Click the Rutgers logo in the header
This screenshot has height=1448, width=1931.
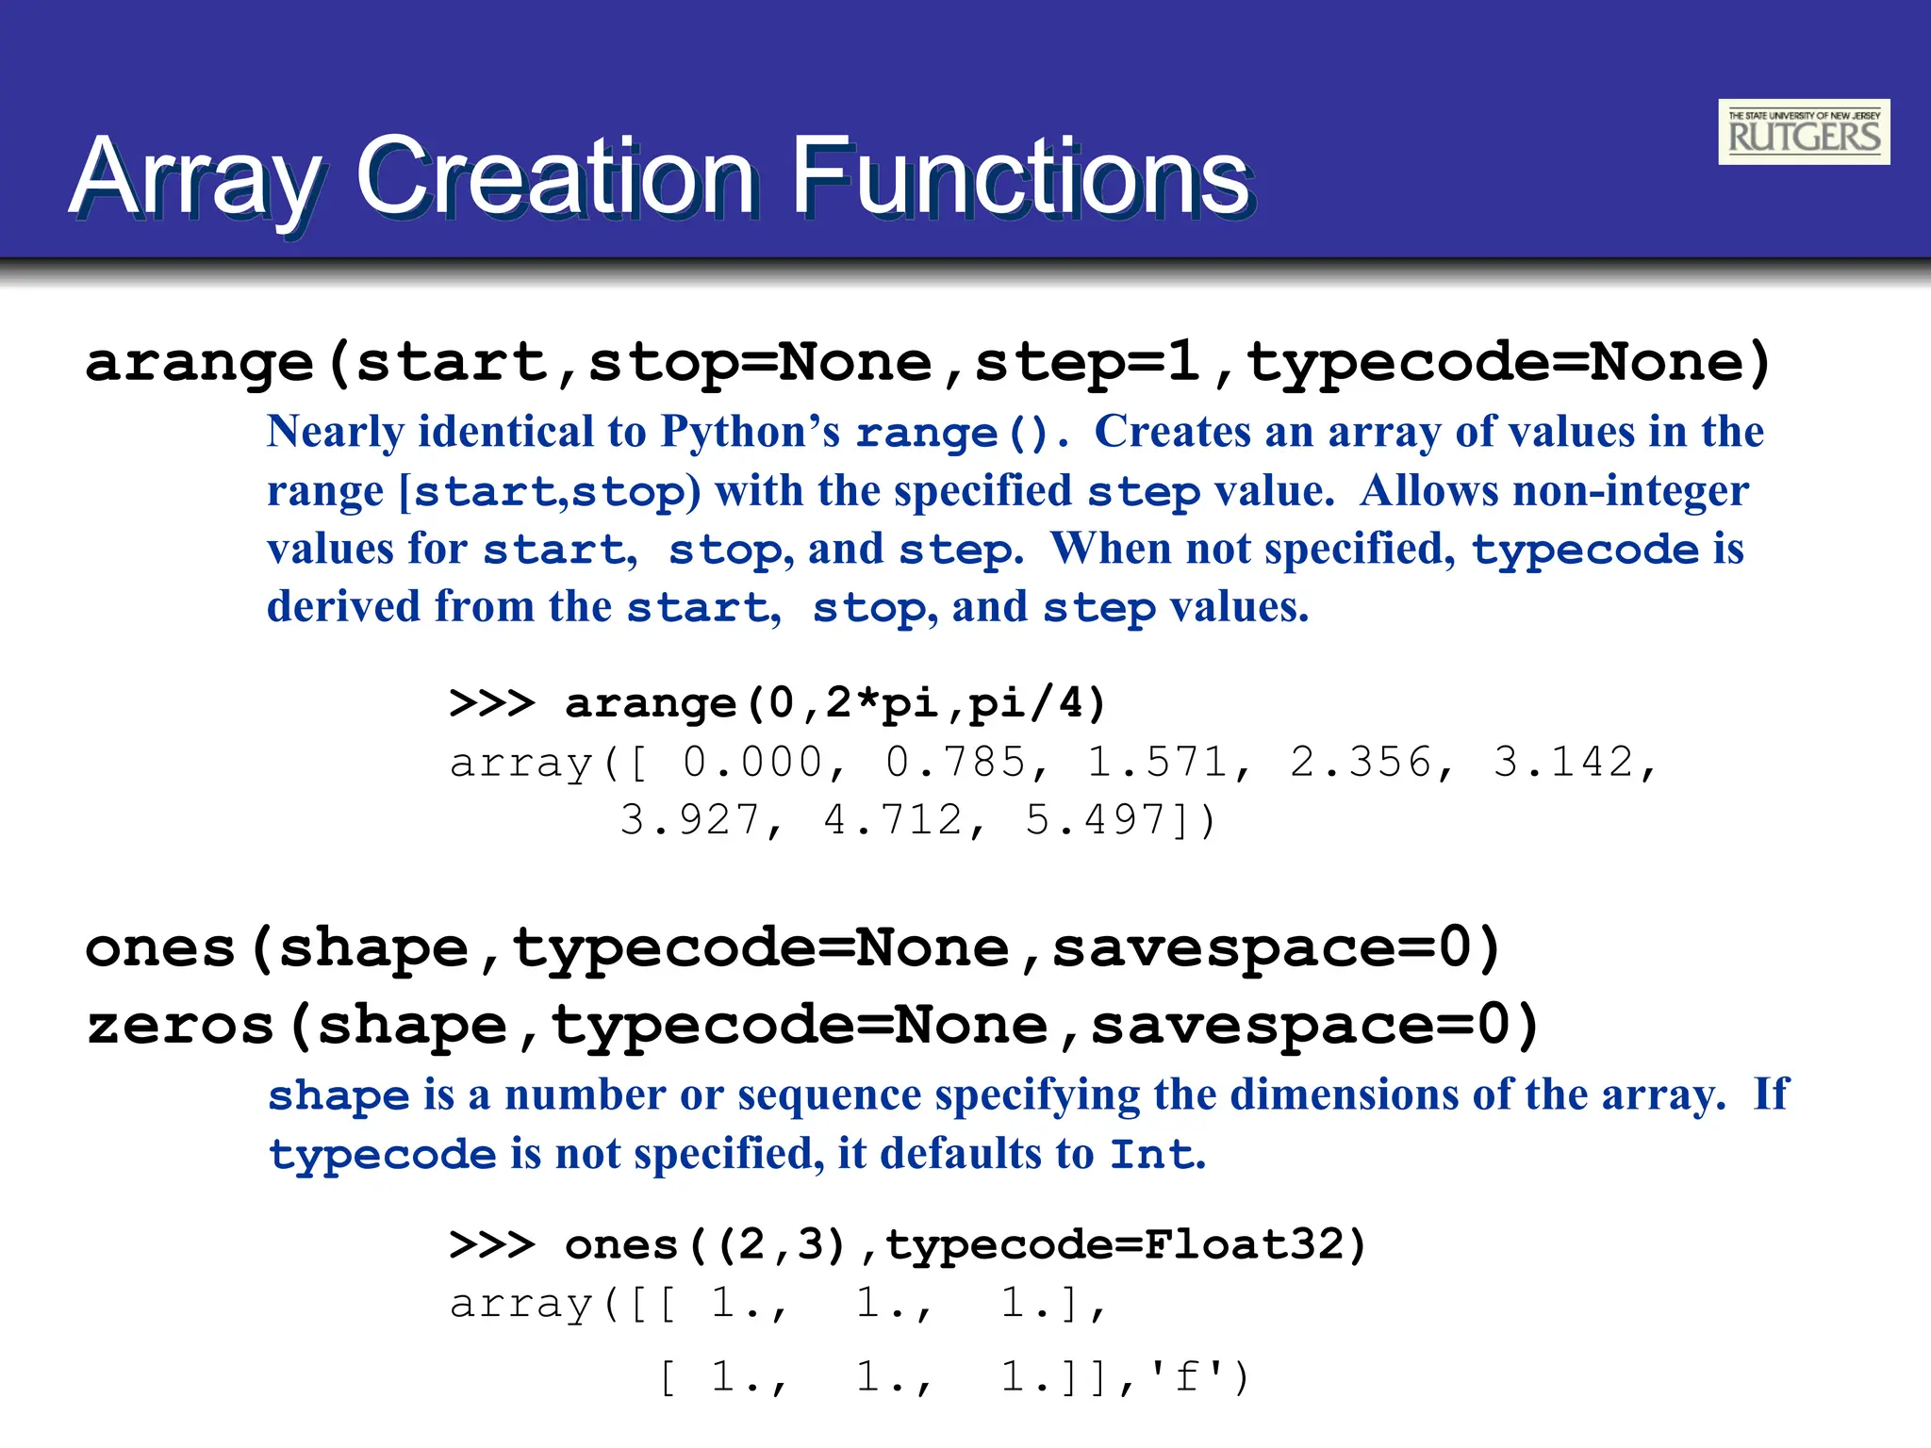click(1803, 132)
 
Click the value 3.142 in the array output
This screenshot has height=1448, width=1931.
click(1562, 762)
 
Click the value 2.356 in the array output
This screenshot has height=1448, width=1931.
click(1360, 762)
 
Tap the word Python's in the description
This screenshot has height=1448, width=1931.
click(750, 432)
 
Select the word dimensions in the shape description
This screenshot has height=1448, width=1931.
click(1345, 1095)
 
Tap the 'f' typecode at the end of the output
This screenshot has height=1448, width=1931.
click(1187, 1377)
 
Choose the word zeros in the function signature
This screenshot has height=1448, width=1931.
click(179, 1026)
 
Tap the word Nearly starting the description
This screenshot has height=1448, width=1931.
click(336, 432)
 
